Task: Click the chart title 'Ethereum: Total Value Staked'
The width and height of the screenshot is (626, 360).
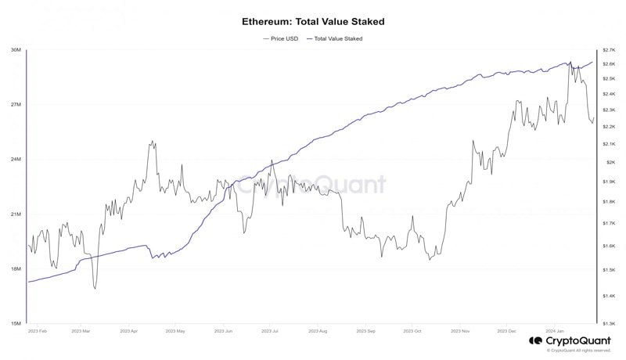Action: point(313,22)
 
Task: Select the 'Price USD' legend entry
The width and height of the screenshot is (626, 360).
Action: point(280,38)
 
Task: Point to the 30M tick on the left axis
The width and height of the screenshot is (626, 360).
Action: point(16,50)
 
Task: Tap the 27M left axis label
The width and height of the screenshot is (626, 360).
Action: point(16,105)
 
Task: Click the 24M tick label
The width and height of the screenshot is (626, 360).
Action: point(16,160)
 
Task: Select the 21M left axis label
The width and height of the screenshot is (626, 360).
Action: point(16,214)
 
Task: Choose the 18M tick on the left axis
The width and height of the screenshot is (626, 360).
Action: point(16,269)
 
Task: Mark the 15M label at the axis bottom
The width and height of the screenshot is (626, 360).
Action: point(16,323)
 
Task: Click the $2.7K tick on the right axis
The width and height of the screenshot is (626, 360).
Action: point(609,50)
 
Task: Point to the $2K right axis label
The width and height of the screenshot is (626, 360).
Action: point(610,162)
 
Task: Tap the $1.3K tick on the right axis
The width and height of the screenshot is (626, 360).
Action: point(609,323)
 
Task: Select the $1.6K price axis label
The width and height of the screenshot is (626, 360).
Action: point(609,246)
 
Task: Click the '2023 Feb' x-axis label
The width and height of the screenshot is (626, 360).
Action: point(37,331)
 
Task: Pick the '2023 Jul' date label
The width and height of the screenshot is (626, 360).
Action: point(269,331)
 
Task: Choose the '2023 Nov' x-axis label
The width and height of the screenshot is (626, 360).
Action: point(460,331)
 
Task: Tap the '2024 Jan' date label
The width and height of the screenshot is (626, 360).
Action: point(555,331)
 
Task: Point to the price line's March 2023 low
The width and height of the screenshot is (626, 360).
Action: point(95,289)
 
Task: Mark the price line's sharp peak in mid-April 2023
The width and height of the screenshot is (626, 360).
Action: point(152,142)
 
